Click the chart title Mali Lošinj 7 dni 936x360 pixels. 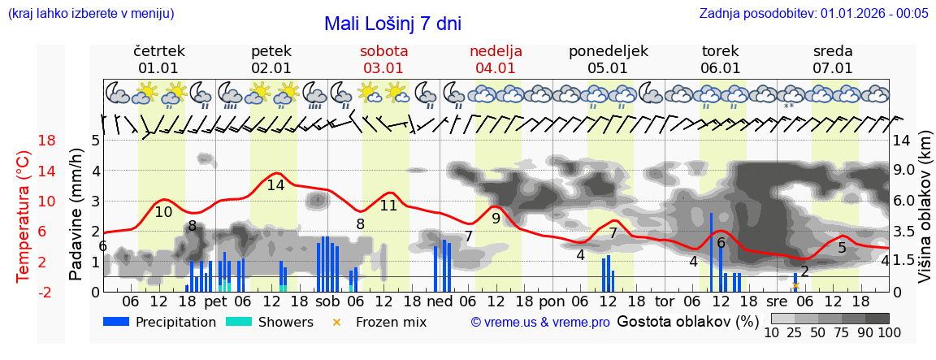(392, 24)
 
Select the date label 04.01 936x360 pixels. (496, 68)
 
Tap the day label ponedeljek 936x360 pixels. (608, 51)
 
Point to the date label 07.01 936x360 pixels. (833, 68)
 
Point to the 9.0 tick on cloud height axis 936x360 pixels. (904, 171)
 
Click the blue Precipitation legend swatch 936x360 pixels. (116, 322)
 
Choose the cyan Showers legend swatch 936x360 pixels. (238, 322)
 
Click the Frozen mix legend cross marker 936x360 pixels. (336, 322)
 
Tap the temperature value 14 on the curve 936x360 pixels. (275, 185)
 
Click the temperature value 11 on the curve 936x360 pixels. (388, 206)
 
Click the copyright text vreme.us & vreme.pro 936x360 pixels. (540, 323)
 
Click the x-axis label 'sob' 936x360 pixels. (327, 301)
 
